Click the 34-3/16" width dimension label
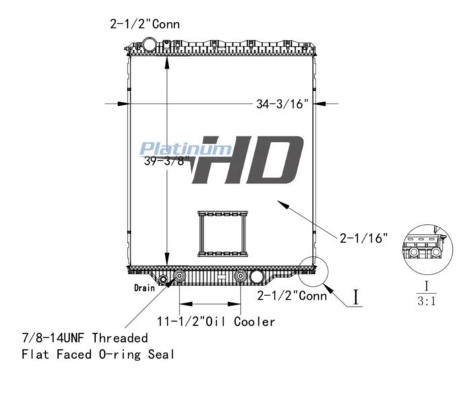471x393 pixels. pyautogui.click(x=282, y=104)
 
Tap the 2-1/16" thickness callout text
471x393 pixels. pyautogui.click(x=363, y=238)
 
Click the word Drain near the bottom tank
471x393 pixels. pyautogui.click(x=145, y=288)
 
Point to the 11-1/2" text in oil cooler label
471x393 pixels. pyautogui.click(x=181, y=322)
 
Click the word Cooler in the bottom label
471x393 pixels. pyautogui.click(x=254, y=322)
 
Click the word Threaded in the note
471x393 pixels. pyautogui.click(x=120, y=338)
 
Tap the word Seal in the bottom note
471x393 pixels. pyautogui.click(x=161, y=355)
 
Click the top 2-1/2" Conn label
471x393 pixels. pyautogui.click(x=145, y=24)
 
